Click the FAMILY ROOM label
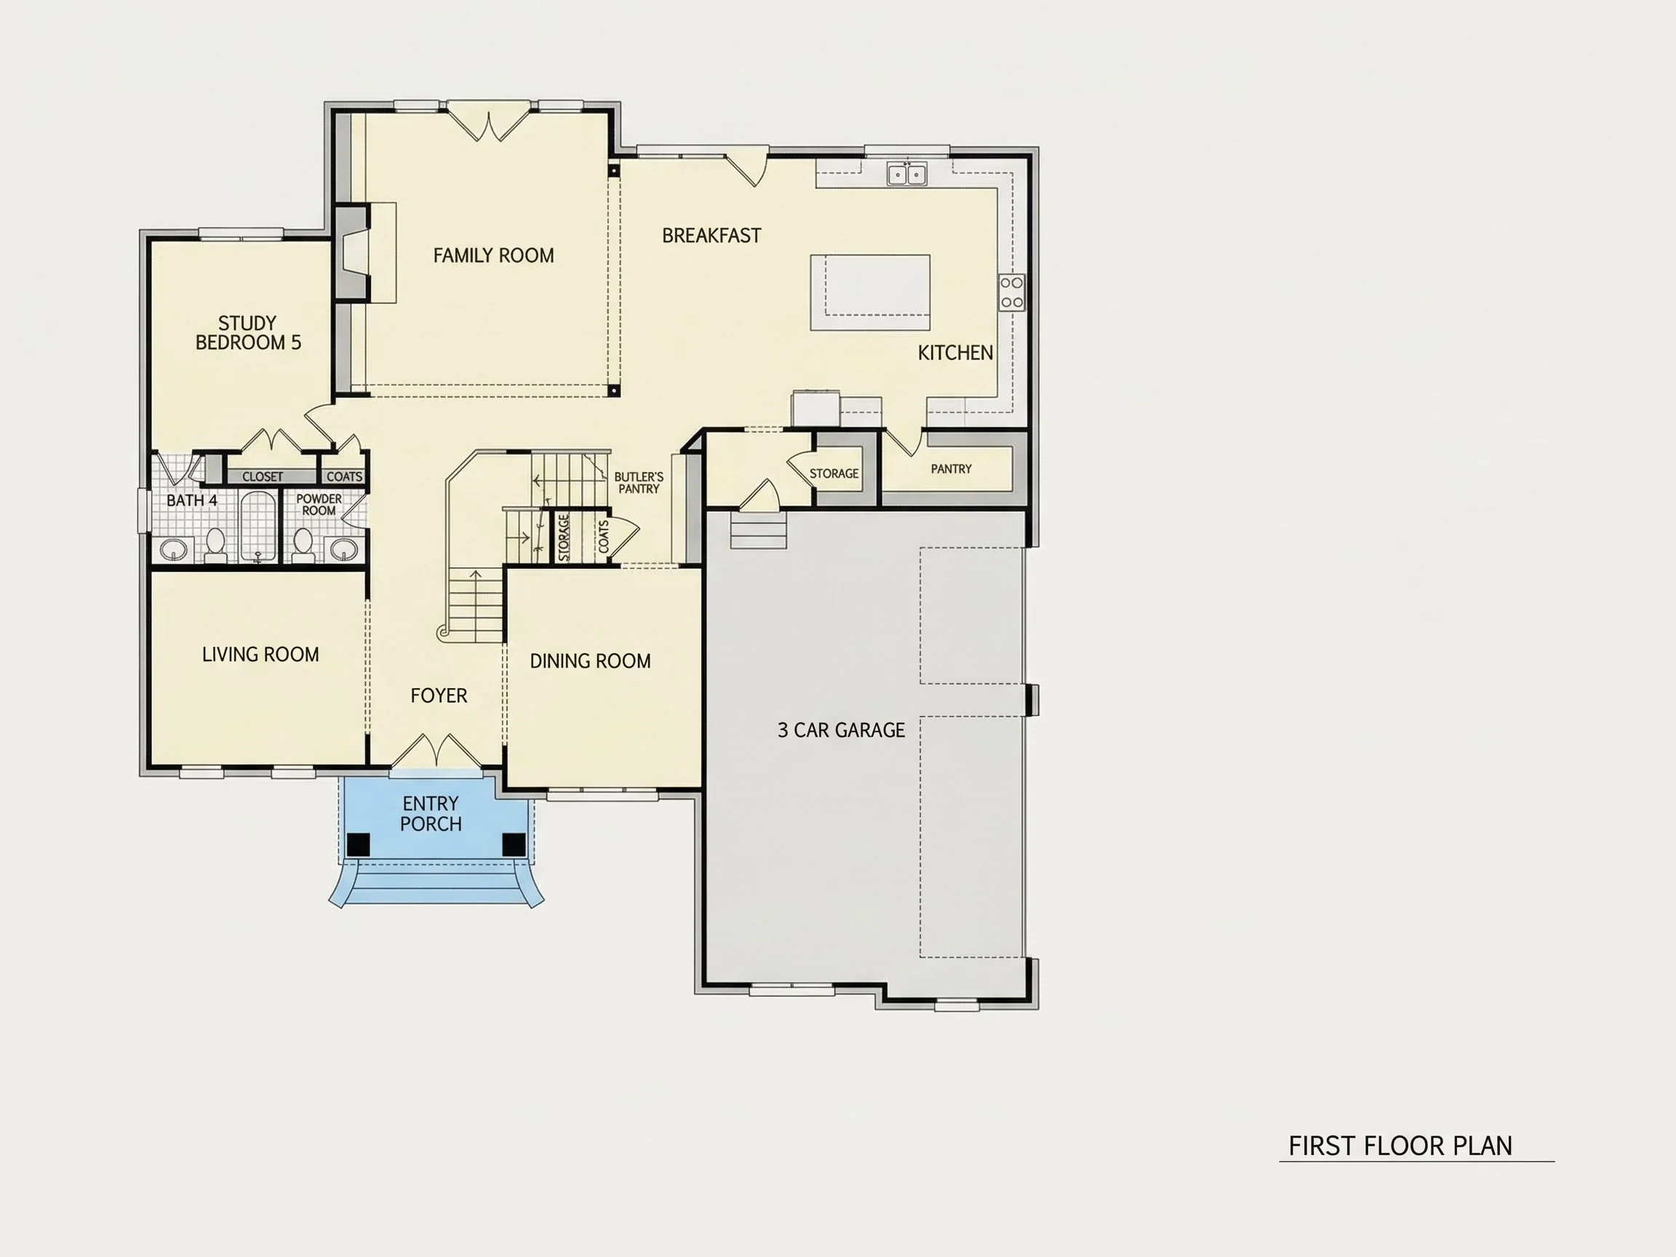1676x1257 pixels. coord(493,256)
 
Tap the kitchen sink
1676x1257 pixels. coord(907,174)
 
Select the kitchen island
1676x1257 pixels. coord(870,292)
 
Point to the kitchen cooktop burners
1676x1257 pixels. coord(1012,292)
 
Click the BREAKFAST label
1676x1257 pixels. coord(711,236)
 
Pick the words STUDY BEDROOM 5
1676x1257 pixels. coord(248,333)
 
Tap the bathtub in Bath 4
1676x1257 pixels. coord(258,527)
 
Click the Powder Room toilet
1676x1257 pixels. coord(303,543)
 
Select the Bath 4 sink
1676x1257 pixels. coord(175,549)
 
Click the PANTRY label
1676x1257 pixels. coord(951,469)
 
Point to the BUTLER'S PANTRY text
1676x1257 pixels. coord(639,482)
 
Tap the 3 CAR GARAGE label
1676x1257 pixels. coord(841,730)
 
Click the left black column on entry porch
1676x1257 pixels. coord(359,844)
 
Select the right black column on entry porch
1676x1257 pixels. coord(514,844)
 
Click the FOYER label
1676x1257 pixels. coord(439,695)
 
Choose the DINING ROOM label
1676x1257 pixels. coord(590,661)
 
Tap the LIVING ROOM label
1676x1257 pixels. coord(260,655)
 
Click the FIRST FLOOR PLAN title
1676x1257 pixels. coord(1400,1146)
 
